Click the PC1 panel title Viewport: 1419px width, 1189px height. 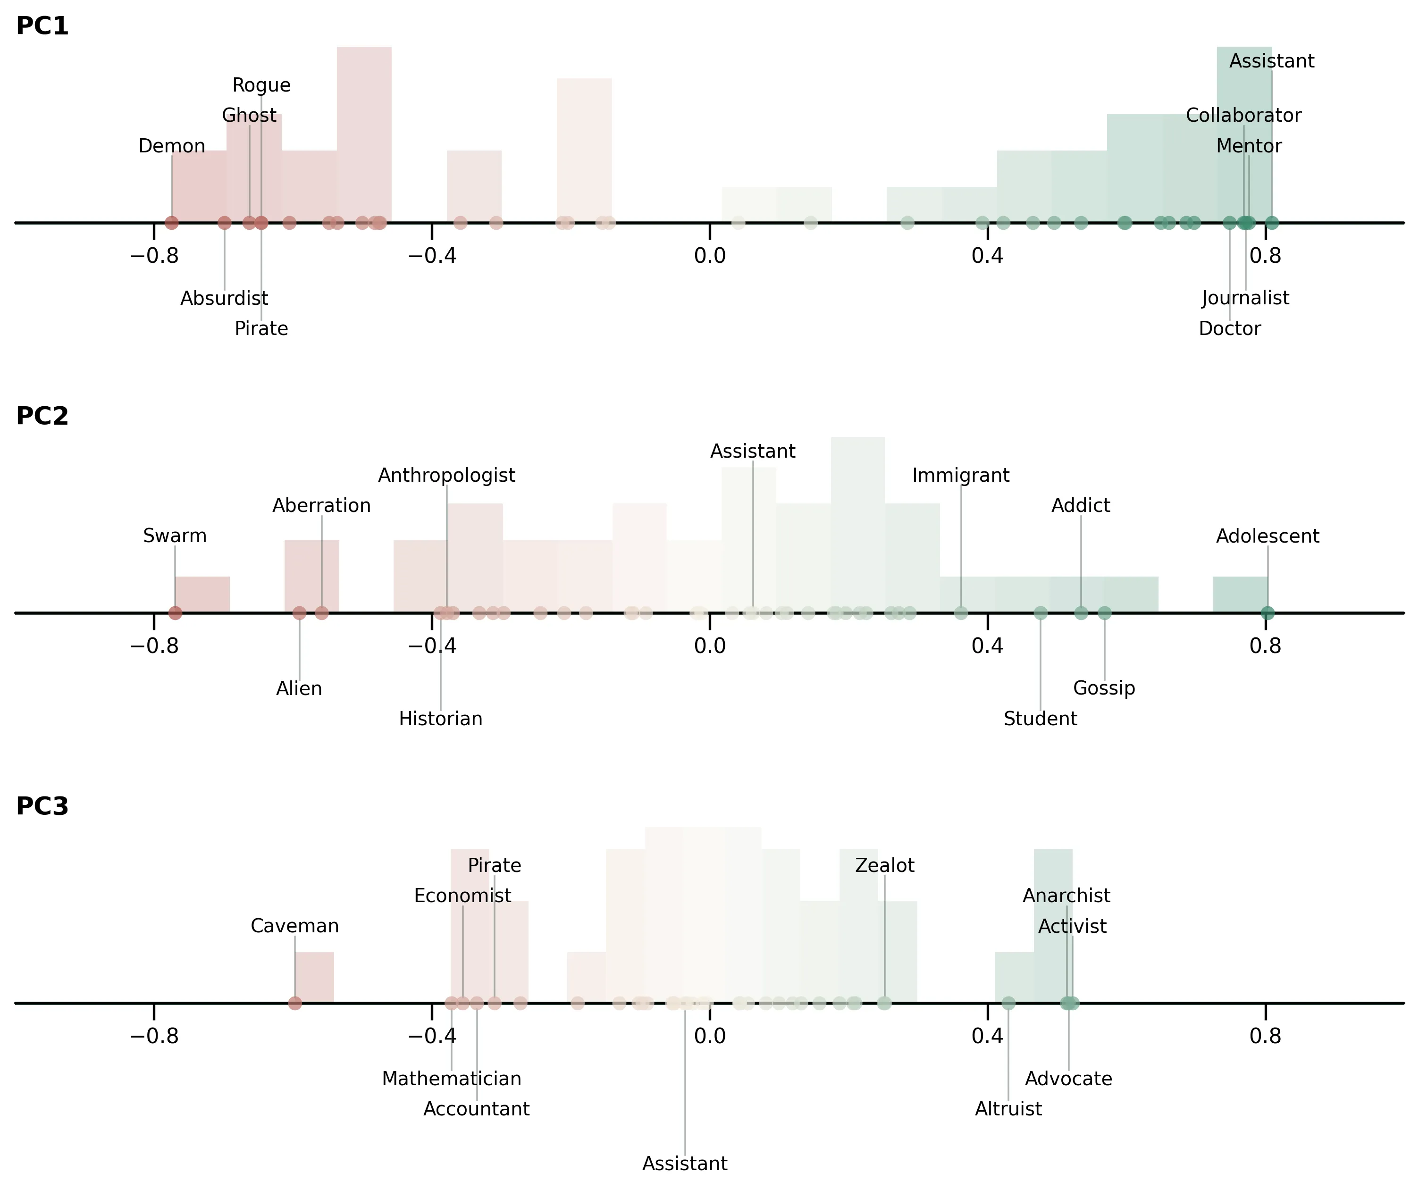[x=42, y=25]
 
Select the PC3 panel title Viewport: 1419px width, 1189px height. [x=42, y=806]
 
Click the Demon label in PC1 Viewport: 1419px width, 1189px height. [x=172, y=146]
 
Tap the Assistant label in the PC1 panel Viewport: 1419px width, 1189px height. [x=1271, y=61]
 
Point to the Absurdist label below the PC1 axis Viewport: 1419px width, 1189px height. [x=224, y=298]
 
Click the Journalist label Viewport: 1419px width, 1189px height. [x=1245, y=298]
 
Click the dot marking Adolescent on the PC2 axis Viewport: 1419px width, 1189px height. [x=1267, y=613]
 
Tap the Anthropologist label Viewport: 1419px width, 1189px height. [x=446, y=475]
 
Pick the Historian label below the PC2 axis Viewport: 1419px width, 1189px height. [x=441, y=718]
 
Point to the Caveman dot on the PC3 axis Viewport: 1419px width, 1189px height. [x=294, y=1003]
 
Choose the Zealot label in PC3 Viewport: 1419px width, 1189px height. [x=884, y=865]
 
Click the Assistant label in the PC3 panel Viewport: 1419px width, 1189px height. [x=685, y=1164]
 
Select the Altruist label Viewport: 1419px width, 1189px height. [x=1008, y=1109]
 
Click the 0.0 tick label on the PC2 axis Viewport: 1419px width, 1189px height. [x=710, y=646]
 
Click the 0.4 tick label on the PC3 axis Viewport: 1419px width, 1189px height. [x=987, y=1036]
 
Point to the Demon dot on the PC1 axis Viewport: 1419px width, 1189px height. [x=172, y=222]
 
